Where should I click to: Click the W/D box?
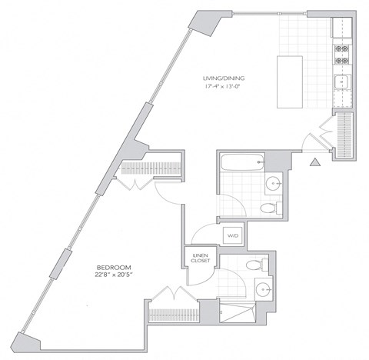(231, 235)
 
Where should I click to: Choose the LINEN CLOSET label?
(200, 259)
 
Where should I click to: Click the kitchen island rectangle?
(291, 75)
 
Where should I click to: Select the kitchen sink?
(341, 82)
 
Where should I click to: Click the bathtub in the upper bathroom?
(241, 162)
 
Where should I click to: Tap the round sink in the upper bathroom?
(274, 183)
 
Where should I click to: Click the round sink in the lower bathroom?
(263, 290)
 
